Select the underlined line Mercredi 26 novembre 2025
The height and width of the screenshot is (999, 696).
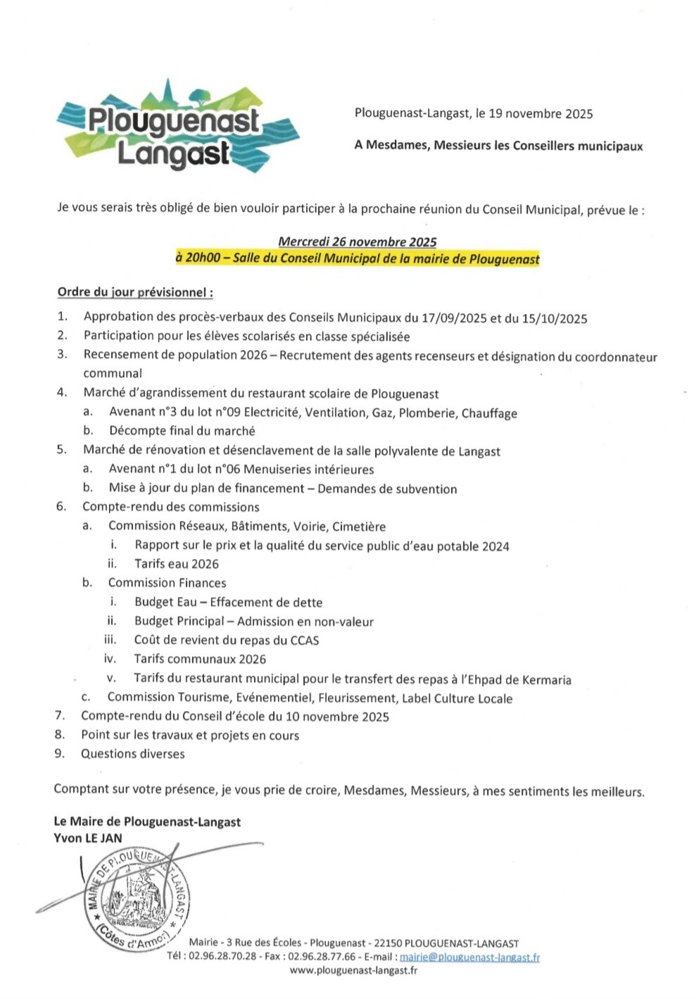point(358,241)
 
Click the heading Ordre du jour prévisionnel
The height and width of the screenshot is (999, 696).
point(135,292)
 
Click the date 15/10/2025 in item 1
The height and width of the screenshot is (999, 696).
point(555,318)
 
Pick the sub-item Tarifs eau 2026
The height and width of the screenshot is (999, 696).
point(177,564)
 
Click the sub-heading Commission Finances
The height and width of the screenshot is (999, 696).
point(167,583)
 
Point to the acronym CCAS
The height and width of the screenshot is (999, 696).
point(304,641)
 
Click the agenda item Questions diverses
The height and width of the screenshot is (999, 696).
point(132,754)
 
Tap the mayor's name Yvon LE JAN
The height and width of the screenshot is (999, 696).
point(88,838)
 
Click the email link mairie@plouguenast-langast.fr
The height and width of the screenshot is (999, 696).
point(470,957)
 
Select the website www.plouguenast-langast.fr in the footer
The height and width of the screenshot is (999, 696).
point(353,971)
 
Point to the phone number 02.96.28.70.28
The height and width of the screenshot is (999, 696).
point(222,957)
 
